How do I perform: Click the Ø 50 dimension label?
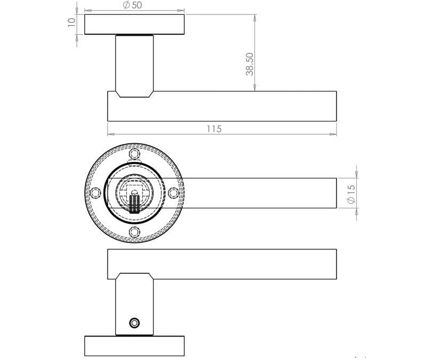click(133, 5)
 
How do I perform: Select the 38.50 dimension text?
click(249, 63)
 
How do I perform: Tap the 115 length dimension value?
click(214, 129)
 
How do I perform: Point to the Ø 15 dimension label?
click(350, 193)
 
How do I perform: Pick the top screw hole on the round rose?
click(134, 154)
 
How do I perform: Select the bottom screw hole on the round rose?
click(134, 232)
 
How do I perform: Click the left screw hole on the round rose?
click(96, 193)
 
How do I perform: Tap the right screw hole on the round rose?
click(173, 193)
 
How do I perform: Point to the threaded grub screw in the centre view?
click(134, 203)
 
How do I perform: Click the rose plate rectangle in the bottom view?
click(134, 346)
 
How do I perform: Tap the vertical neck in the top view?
click(134, 64)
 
